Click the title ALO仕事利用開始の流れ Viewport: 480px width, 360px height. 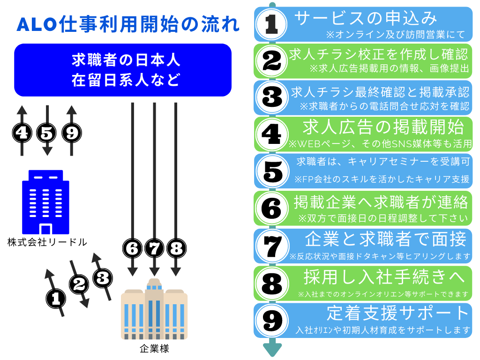click(128, 25)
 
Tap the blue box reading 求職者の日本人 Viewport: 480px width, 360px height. click(123, 70)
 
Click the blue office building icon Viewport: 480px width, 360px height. click(45, 202)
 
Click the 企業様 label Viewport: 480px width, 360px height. click(154, 349)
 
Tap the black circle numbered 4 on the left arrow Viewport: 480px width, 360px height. click(22, 133)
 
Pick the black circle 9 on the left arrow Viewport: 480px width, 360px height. click(71, 133)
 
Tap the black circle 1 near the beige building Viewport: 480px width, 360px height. click(56, 297)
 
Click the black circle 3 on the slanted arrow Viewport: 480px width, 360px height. click(102, 278)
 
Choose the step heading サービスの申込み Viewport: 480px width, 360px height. click(366, 18)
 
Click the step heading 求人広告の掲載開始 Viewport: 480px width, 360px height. click(383, 127)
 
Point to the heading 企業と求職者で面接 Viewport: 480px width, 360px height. click(385, 240)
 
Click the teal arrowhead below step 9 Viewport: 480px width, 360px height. click(272, 349)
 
